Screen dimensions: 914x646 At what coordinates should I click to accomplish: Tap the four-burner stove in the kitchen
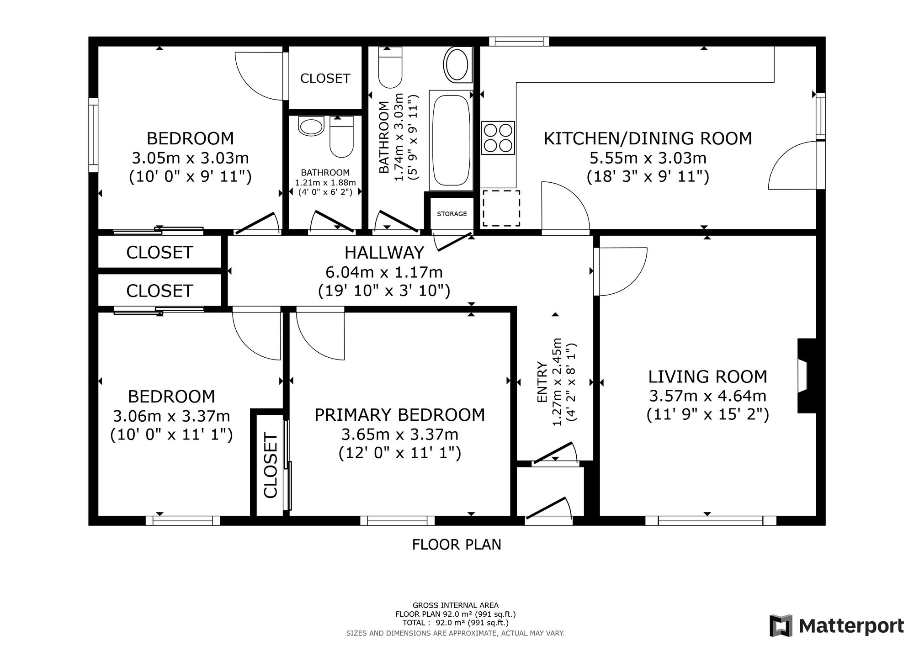498,138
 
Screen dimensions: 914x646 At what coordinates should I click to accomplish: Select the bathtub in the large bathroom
451,140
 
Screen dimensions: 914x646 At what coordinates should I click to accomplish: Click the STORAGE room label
452,214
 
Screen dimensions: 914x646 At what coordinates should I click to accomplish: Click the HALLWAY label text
384,252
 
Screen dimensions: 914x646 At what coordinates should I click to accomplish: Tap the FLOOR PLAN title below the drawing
457,545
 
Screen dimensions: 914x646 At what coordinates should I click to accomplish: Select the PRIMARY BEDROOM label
400,415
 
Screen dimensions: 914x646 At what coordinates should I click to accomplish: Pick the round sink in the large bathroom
457,65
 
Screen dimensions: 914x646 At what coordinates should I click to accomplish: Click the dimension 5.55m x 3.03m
648,158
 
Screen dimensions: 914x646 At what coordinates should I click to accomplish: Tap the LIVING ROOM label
707,377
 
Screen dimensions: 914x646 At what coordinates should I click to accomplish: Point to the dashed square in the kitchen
501,208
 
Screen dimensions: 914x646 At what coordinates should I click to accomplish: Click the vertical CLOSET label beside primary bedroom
271,466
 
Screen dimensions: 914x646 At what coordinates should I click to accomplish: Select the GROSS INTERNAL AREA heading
456,605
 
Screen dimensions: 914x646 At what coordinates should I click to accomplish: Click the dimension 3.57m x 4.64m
707,396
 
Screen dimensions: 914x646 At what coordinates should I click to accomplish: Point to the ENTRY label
542,382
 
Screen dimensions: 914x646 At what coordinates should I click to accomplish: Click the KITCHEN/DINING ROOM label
648,138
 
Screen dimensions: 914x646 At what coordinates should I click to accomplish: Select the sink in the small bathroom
311,126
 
